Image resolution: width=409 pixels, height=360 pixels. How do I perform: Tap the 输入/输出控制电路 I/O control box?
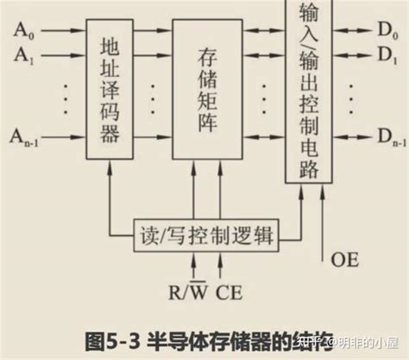(308, 90)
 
